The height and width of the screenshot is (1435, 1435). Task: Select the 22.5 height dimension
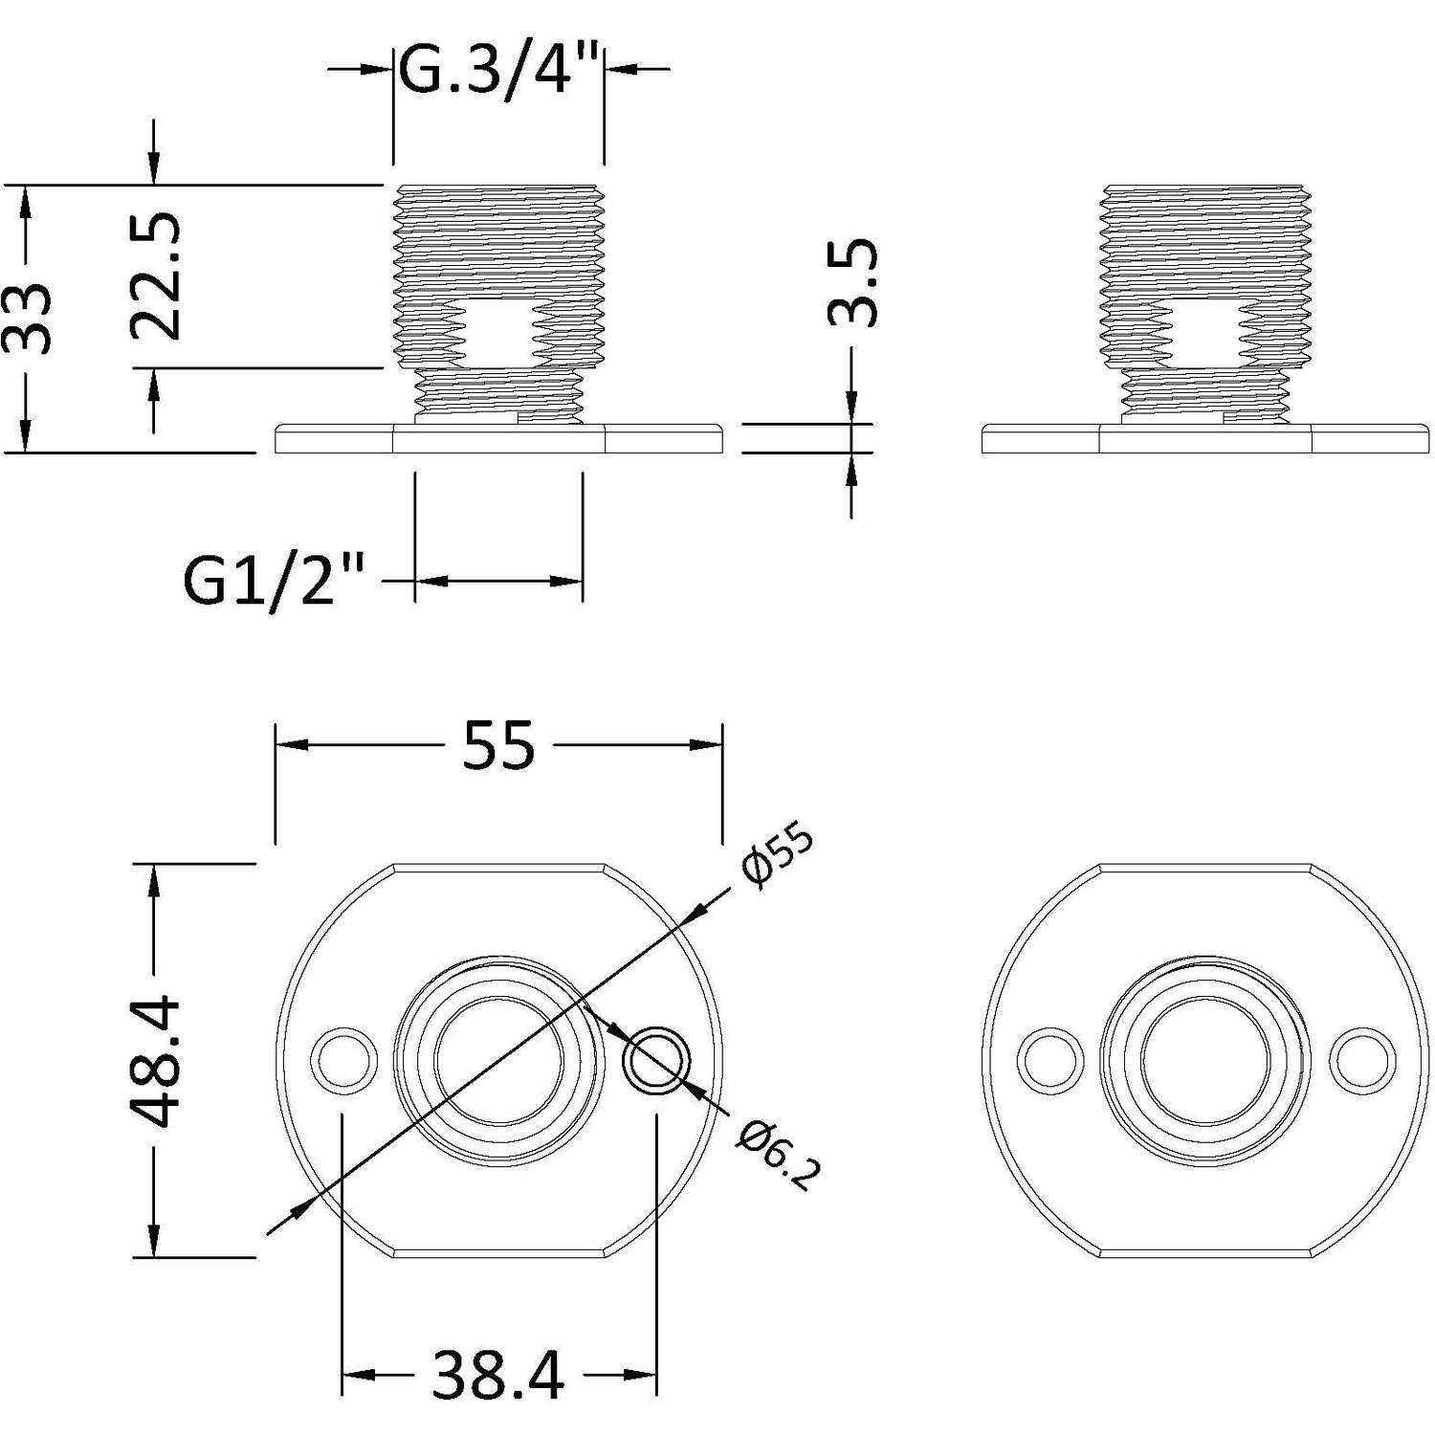coord(156,276)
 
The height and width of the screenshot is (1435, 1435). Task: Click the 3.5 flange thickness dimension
coord(851,282)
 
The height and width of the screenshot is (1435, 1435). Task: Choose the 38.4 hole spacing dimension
coord(498,1376)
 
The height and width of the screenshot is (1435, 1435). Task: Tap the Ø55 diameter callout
coord(777,856)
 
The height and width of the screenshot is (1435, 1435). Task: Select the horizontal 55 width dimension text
coord(498,745)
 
